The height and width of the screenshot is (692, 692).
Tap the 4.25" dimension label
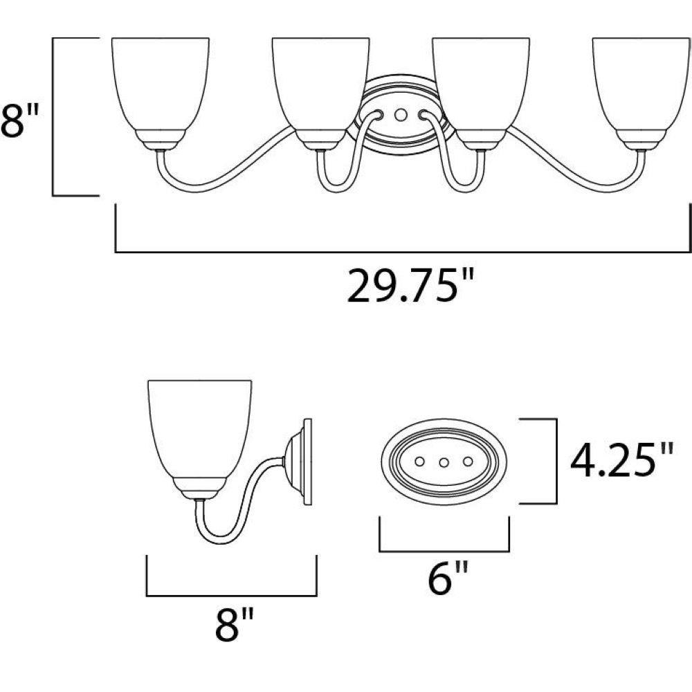point(622,461)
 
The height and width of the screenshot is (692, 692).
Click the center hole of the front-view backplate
point(400,115)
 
